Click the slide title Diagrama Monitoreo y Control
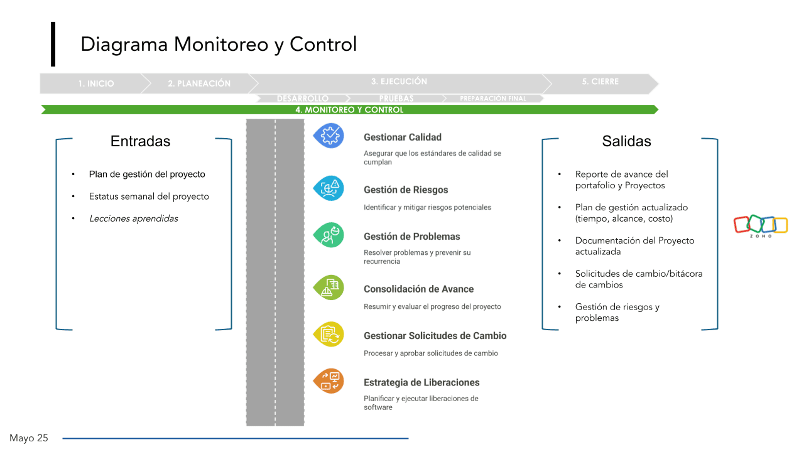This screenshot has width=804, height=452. coord(219,45)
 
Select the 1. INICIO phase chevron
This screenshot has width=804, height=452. coord(96,83)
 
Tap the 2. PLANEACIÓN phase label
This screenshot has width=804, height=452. coord(199,83)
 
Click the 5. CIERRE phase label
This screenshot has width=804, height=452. coord(600,82)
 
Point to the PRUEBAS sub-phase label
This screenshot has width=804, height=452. coord(396,99)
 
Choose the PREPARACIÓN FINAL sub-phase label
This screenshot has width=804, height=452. coord(493,99)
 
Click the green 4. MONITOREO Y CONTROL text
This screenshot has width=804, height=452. coord(349,110)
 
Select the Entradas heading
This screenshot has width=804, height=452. coord(140,141)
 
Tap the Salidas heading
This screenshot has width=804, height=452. coord(626,141)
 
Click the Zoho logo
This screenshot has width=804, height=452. coord(761,225)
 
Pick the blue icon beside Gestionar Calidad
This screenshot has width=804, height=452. coord(329,136)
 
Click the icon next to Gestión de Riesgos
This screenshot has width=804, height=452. coord(329,188)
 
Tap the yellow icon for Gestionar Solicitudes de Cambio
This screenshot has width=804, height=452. coord(329,335)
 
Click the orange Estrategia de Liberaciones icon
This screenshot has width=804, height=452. coord(329,381)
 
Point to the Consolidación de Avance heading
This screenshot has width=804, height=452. coord(418,289)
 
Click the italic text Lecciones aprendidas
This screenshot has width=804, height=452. coord(134,218)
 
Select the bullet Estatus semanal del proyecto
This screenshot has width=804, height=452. coord(149,196)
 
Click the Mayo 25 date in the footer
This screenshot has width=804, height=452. coord(29,438)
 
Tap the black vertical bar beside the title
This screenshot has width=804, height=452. coord(53,44)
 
